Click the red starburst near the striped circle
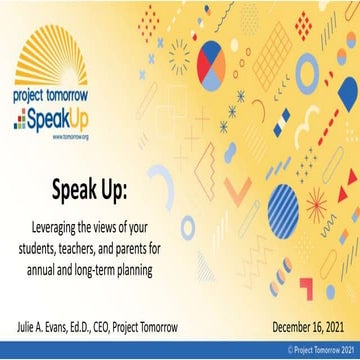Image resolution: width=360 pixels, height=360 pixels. point(319,210)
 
